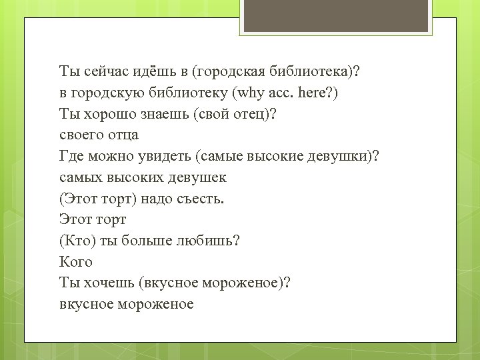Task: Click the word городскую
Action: (x=110, y=92)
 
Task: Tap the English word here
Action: (x=321, y=92)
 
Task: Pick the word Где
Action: (x=73, y=156)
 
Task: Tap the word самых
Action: (x=80, y=177)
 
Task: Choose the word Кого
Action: (x=75, y=262)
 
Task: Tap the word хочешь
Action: (x=108, y=283)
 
